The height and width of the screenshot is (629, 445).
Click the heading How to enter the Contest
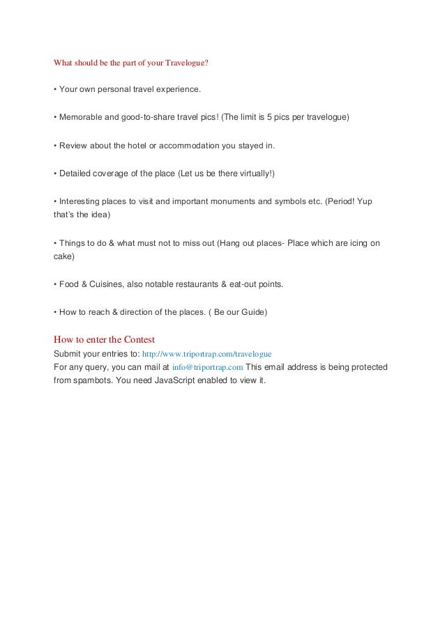point(104,340)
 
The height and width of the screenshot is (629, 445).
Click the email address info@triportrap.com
point(207,367)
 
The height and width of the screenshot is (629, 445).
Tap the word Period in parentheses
point(343,201)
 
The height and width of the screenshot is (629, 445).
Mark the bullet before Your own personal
point(55,90)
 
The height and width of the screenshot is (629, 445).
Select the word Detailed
point(77,173)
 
